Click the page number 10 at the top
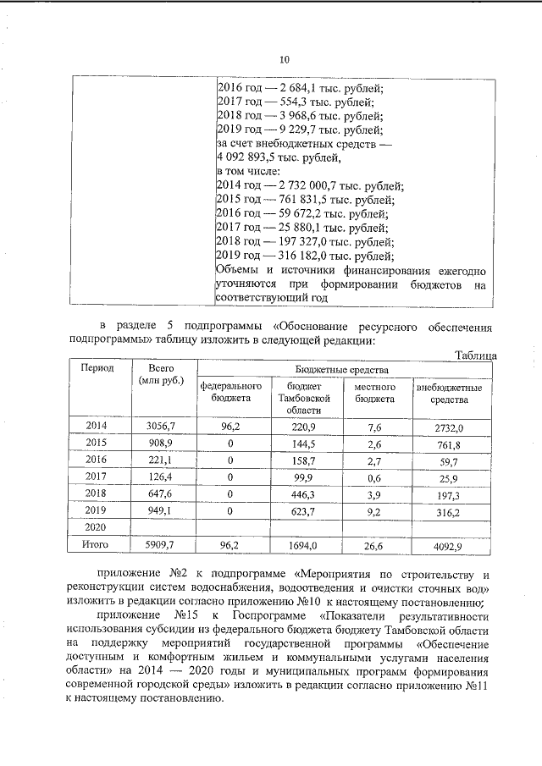click(285, 59)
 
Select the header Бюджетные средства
click(342, 369)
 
